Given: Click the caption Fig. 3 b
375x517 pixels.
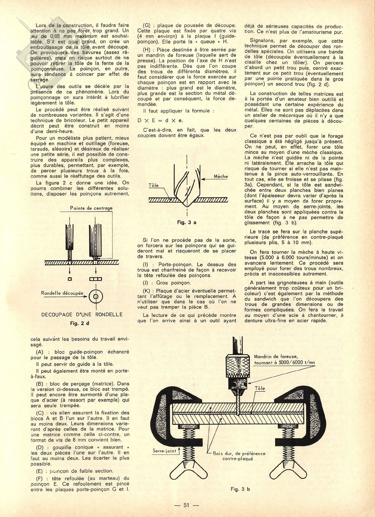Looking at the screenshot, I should point(240,489).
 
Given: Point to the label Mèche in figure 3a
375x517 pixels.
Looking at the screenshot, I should point(221,176).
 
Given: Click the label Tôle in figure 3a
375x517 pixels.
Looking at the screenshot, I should point(154,185).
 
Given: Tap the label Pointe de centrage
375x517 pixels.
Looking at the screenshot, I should point(91,208).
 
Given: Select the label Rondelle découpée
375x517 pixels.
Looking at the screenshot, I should point(62,293).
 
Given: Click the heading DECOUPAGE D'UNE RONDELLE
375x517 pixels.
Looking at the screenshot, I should point(82,314).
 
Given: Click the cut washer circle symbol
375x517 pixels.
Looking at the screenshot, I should point(96,296).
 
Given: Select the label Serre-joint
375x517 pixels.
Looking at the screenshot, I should point(164,451).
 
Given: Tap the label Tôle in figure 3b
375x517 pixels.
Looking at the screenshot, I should point(260,388).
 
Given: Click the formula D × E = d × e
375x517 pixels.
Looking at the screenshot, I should point(160,120).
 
